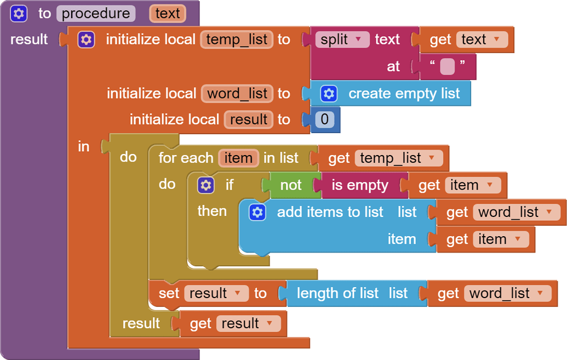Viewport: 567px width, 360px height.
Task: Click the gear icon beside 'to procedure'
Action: coord(19,13)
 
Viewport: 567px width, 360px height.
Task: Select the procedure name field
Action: coord(96,13)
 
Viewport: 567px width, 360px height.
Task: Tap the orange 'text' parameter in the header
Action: coord(167,13)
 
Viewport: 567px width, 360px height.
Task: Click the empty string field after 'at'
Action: coord(447,67)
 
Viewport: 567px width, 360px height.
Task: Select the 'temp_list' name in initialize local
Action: coord(237,39)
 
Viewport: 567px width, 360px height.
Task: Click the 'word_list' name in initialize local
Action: coord(237,93)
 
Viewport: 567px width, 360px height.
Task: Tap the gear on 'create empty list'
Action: coord(329,94)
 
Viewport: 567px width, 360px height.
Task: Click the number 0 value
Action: coord(324,119)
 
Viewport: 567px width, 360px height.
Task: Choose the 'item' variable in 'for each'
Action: coord(238,158)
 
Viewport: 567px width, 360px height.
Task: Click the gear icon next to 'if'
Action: coord(205,185)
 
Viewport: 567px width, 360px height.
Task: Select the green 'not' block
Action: coord(290,185)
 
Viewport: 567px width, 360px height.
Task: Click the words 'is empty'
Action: coord(360,185)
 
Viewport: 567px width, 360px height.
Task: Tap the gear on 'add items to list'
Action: coord(257,212)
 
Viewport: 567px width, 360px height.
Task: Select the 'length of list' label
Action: coord(337,293)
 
